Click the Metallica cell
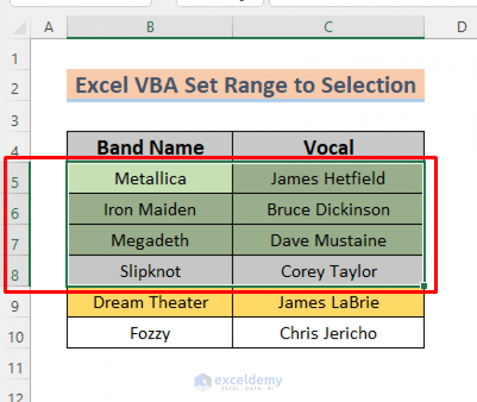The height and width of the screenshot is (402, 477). (150, 179)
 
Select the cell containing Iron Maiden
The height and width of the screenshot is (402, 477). (150, 210)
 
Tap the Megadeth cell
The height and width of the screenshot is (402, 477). (150, 240)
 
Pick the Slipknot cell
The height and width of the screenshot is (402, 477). (150, 272)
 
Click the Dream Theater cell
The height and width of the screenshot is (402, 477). (150, 303)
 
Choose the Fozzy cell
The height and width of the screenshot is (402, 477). (150, 334)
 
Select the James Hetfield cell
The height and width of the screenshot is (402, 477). (328, 179)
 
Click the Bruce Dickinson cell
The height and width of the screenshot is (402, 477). (328, 210)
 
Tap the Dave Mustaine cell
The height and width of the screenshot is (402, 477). (328, 240)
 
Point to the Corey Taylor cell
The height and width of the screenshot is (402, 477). (328, 272)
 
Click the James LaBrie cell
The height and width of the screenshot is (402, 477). (328, 303)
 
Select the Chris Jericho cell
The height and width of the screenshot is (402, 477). (328, 334)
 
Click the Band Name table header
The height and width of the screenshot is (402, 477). (150, 147)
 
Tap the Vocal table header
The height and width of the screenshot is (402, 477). (328, 147)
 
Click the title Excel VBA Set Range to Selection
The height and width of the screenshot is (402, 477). (245, 85)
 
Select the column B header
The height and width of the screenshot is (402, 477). (150, 27)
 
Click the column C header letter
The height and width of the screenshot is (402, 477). (328, 27)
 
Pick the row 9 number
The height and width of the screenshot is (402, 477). (15, 306)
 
